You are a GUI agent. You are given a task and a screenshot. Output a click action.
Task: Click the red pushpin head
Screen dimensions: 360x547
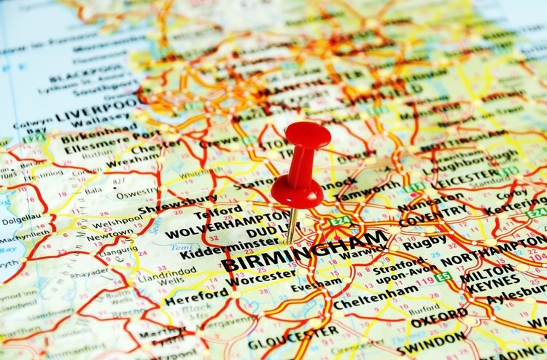pyautogui.click(x=307, y=136)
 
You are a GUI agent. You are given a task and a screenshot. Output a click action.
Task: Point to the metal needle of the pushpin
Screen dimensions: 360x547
pyautogui.click(x=292, y=226)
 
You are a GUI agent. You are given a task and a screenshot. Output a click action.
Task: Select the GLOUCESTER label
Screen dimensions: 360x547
pyautogui.click(x=285, y=340)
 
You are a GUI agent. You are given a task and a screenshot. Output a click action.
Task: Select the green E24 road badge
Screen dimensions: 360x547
pyautogui.click(x=339, y=220)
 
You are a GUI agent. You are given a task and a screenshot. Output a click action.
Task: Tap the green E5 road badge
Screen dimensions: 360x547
pyautogui.click(x=443, y=277)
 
